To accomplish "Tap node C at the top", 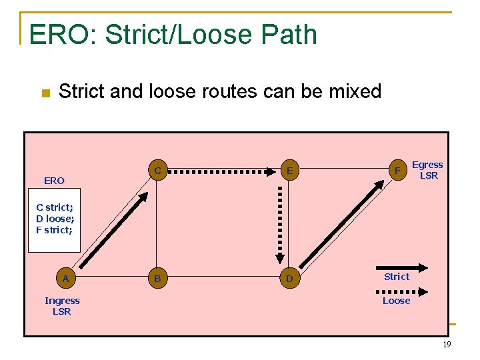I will tap(157, 171).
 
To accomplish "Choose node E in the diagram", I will tap(289, 171).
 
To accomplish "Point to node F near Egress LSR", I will tap(397, 171).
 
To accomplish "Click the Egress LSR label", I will tap(428, 170).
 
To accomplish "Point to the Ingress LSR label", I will tap(62, 306).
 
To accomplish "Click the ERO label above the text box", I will tap(54, 181).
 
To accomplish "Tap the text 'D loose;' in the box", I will tap(55, 219).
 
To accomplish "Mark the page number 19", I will tap(447, 345).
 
